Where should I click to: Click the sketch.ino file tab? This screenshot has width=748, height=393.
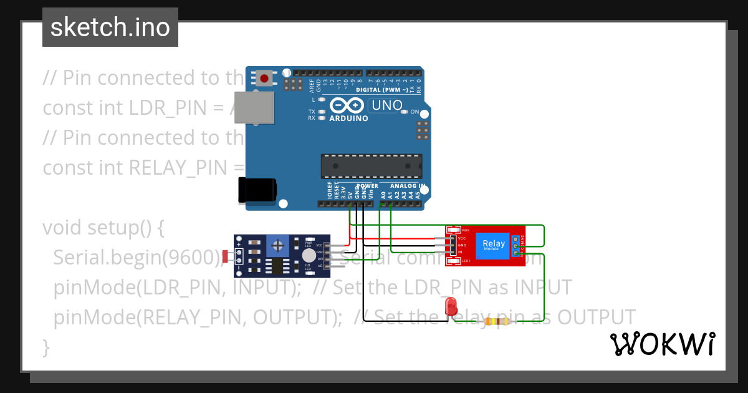pos(110,27)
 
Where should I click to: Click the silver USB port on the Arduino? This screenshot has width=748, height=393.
pos(254,110)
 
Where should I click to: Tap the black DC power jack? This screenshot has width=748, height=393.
pos(257,190)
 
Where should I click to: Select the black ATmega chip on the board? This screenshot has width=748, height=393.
pos(371,166)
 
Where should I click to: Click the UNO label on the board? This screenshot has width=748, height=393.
pos(386,105)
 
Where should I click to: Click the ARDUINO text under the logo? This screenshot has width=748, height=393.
pos(348,118)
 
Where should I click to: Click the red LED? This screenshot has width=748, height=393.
pos(451,306)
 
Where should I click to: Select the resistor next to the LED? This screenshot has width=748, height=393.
pos(496,322)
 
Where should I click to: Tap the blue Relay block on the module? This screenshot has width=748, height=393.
pos(494,246)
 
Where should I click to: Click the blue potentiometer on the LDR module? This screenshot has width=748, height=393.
pos(278,245)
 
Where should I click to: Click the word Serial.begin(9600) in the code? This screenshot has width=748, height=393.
pos(137,257)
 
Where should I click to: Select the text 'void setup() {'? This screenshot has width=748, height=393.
pos(103,227)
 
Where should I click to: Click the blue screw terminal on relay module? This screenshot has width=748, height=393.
pos(515,246)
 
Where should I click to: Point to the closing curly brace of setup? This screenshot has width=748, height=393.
pos(46,347)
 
